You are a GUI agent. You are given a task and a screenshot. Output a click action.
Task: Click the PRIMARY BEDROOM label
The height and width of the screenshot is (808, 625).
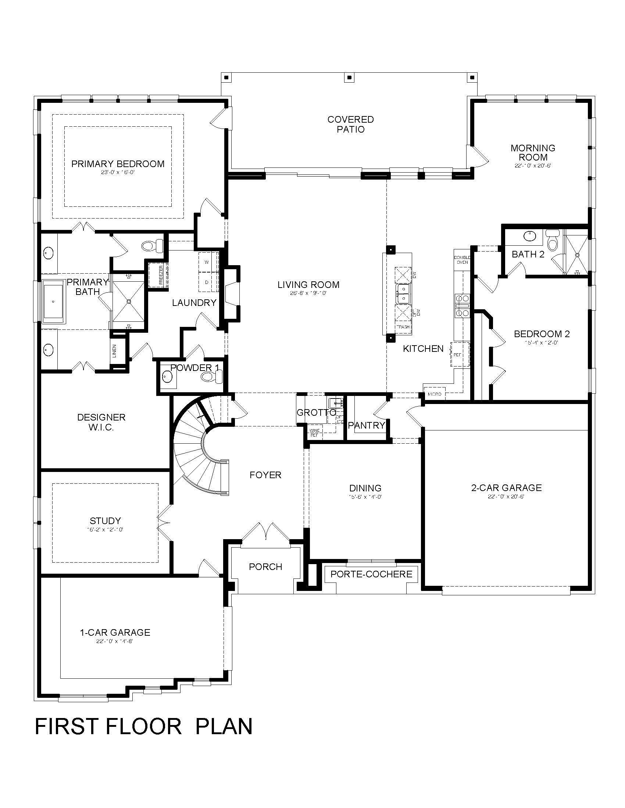[118, 164]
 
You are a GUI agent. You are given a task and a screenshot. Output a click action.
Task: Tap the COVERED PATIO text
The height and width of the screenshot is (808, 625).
[351, 124]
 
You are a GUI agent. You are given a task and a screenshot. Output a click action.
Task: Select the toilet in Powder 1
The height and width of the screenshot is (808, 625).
[211, 377]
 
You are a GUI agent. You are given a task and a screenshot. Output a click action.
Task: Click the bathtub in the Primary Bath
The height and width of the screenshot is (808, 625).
[54, 302]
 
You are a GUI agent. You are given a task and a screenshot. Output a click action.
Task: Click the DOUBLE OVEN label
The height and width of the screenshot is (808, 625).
[462, 260]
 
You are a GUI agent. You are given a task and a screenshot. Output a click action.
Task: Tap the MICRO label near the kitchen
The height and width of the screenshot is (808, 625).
[434, 394]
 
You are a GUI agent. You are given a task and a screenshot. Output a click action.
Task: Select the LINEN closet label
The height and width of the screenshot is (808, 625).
[114, 351]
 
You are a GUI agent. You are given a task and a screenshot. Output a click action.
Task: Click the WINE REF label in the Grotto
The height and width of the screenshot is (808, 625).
[315, 433]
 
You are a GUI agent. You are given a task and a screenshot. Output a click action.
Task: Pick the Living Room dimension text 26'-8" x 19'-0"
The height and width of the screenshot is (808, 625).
[308, 293]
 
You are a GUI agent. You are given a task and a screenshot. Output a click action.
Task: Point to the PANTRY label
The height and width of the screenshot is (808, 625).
[367, 425]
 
